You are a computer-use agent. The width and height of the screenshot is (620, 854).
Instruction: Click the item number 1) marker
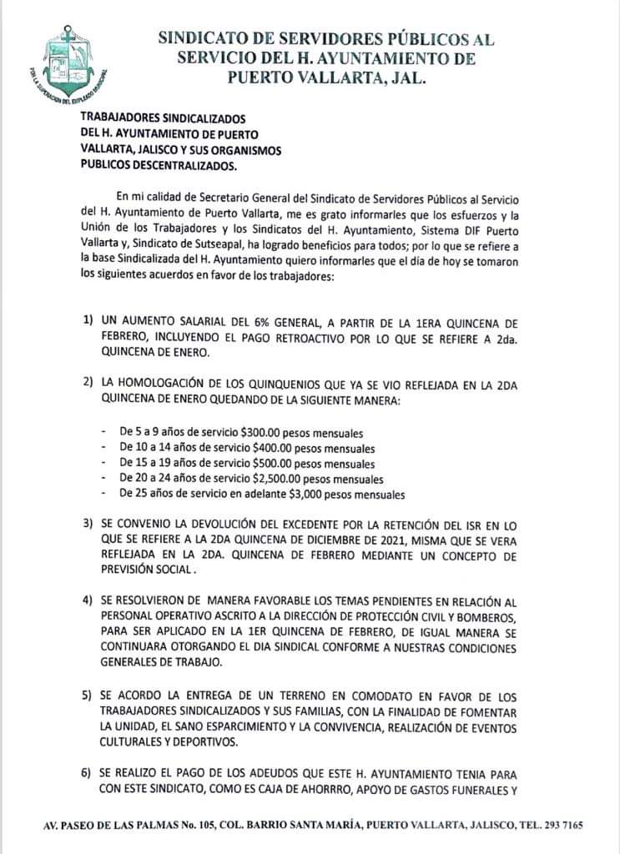88,321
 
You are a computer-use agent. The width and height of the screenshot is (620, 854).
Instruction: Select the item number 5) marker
88,695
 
